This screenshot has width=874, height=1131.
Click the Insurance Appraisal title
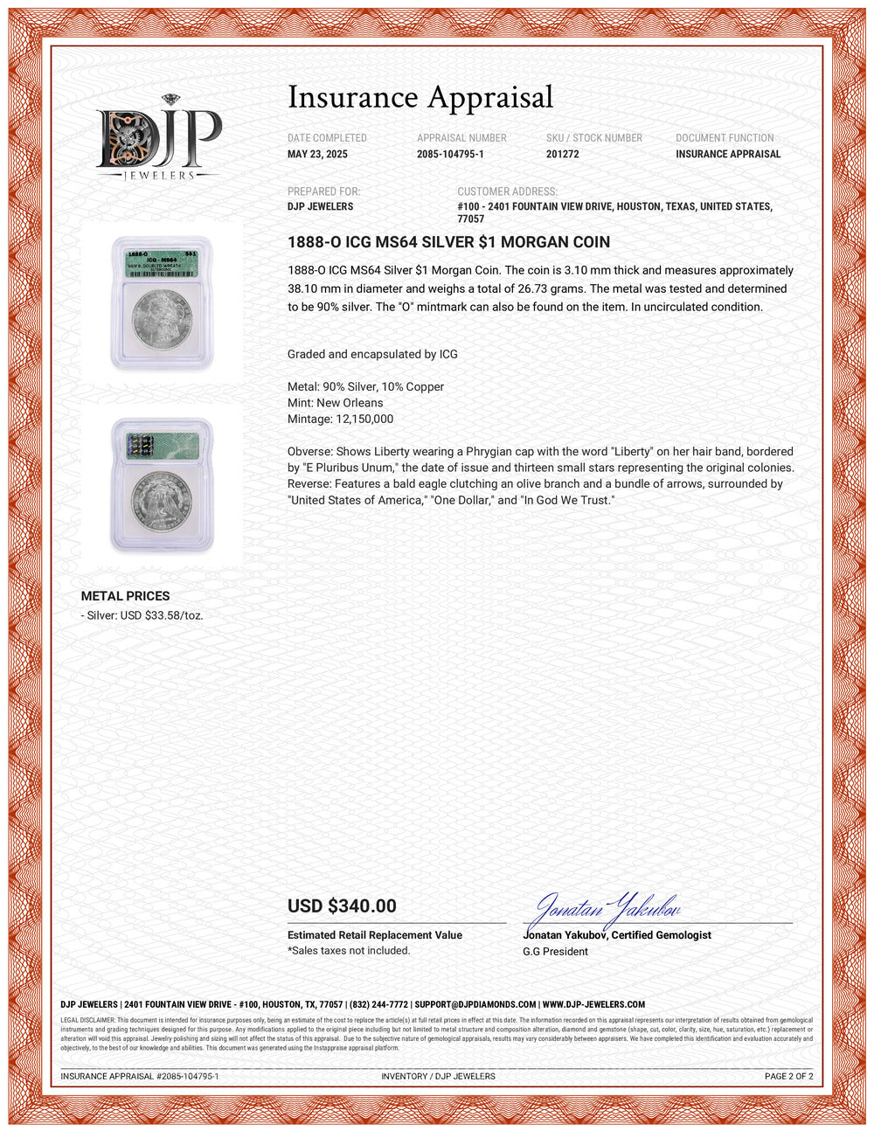click(x=420, y=97)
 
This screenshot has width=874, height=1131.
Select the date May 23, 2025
click(x=317, y=154)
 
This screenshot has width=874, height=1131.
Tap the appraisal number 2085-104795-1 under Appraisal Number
click(x=450, y=154)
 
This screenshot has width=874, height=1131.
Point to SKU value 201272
click(x=562, y=154)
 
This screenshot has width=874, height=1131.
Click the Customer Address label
click(x=507, y=191)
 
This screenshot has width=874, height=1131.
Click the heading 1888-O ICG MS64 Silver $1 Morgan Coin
click(x=448, y=242)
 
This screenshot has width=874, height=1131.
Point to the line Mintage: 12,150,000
click(x=340, y=419)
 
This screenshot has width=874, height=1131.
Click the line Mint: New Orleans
click(x=335, y=403)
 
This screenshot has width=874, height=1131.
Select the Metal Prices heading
click(x=125, y=596)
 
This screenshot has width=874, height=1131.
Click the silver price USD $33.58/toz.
click(x=144, y=615)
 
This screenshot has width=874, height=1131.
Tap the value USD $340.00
click(x=342, y=906)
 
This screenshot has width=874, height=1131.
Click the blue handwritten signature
click(x=604, y=909)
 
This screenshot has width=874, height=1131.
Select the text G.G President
click(x=555, y=951)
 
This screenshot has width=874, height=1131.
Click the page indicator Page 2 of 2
click(x=788, y=1076)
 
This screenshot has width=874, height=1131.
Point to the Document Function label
click(x=725, y=138)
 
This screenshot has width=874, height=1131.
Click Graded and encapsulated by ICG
click(x=372, y=354)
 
